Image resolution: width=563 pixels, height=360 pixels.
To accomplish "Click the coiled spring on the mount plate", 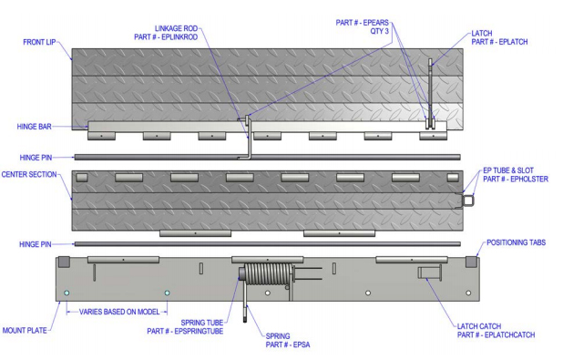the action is (268, 273).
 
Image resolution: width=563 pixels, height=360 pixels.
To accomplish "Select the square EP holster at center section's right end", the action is (467, 197).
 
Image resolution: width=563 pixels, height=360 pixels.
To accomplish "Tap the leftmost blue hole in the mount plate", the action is (67, 293).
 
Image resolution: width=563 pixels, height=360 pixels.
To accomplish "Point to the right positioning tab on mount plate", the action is (471, 262).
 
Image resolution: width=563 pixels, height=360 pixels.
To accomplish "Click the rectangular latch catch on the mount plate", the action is (427, 273).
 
